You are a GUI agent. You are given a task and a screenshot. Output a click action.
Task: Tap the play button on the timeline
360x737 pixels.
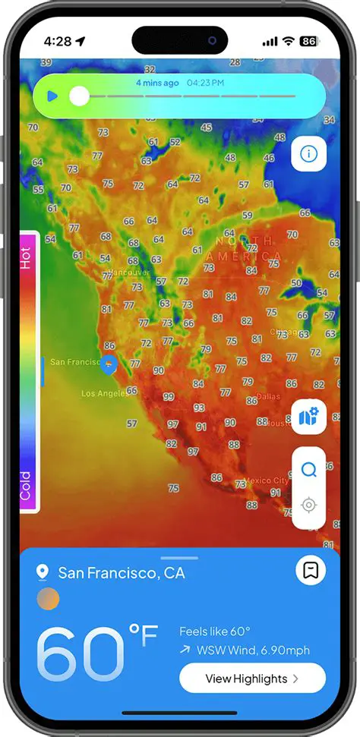(x=52, y=96)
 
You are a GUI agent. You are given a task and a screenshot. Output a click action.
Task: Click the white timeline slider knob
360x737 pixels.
(x=79, y=96)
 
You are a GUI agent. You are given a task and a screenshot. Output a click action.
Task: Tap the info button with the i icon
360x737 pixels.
(x=308, y=154)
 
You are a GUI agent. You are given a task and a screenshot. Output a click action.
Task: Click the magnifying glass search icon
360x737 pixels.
(x=308, y=470)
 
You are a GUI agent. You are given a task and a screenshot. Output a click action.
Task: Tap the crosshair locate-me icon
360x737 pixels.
(x=308, y=505)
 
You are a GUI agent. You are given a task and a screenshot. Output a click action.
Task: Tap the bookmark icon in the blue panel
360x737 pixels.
(x=310, y=572)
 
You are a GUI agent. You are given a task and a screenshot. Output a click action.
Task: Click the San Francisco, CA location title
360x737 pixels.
(x=122, y=573)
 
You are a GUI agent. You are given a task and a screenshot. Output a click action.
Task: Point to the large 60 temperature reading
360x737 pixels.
(x=80, y=654)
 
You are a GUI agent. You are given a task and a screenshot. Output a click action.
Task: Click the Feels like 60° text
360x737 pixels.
(x=215, y=631)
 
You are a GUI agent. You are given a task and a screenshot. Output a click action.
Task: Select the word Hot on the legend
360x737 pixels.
(x=26, y=258)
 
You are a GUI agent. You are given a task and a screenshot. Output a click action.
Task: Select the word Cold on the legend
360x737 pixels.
(x=26, y=486)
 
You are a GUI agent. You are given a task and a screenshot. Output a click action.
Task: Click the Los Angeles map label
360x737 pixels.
(x=104, y=393)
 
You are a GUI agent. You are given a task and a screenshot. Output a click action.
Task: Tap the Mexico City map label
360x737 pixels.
(x=267, y=480)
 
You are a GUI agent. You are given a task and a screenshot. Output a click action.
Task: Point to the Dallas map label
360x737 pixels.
(x=268, y=396)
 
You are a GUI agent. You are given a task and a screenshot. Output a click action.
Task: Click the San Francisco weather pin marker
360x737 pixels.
(x=109, y=364)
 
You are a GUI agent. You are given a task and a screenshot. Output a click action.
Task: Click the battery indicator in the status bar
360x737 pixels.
(x=309, y=41)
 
